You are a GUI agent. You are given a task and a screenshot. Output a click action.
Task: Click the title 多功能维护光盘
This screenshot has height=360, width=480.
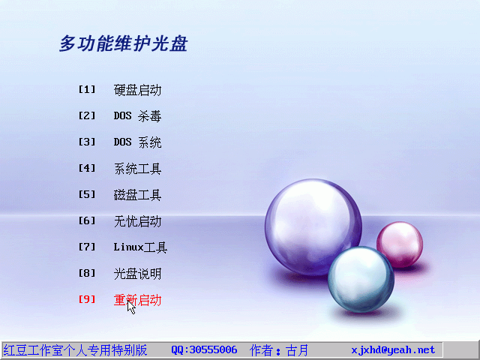click(x=123, y=43)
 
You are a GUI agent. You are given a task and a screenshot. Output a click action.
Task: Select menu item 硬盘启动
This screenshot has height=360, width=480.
click(x=137, y=90)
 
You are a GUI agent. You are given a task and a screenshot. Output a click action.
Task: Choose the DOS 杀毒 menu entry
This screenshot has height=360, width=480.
click(x=137, y=116)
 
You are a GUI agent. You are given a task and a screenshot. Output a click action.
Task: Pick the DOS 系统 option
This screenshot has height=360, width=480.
click(x=137, y=142)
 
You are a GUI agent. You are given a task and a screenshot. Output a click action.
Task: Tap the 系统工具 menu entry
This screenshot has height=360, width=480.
click(x=137, y=169)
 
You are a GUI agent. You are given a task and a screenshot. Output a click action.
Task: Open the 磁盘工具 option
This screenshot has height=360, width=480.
click(x=137, y=195)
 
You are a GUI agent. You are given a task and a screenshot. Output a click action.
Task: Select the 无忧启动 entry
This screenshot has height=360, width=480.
click(x=137, y=221)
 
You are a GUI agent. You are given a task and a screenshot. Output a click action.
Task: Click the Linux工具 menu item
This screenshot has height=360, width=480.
click(x=140, y=247)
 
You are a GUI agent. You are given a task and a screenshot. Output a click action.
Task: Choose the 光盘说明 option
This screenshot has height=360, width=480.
click(x=137, y=274)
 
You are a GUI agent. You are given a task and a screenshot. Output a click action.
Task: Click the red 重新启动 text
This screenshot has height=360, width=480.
click(x=137, y=300)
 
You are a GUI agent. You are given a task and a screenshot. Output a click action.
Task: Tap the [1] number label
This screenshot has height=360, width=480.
click(x=87, y=89)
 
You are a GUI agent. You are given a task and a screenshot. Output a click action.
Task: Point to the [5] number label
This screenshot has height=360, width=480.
click(x=87, y=194)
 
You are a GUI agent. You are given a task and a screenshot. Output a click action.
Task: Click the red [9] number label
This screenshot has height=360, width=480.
click(x=87, y=299)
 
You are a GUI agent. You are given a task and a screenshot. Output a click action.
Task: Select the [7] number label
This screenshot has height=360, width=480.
click(x=87, y=247)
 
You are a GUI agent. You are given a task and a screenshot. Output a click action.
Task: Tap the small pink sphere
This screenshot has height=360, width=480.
click(x=400, y=244)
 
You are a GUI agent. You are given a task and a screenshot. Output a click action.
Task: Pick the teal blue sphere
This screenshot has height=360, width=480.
click(x=361, y=279)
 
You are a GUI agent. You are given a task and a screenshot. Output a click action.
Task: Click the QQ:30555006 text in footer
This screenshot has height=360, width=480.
click(x=204, y=350)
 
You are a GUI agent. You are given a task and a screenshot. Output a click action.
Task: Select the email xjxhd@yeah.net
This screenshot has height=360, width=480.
click(x=393, y=350)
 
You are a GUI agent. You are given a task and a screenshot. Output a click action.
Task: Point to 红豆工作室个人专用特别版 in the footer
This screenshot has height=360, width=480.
click(x=75, y=350)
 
